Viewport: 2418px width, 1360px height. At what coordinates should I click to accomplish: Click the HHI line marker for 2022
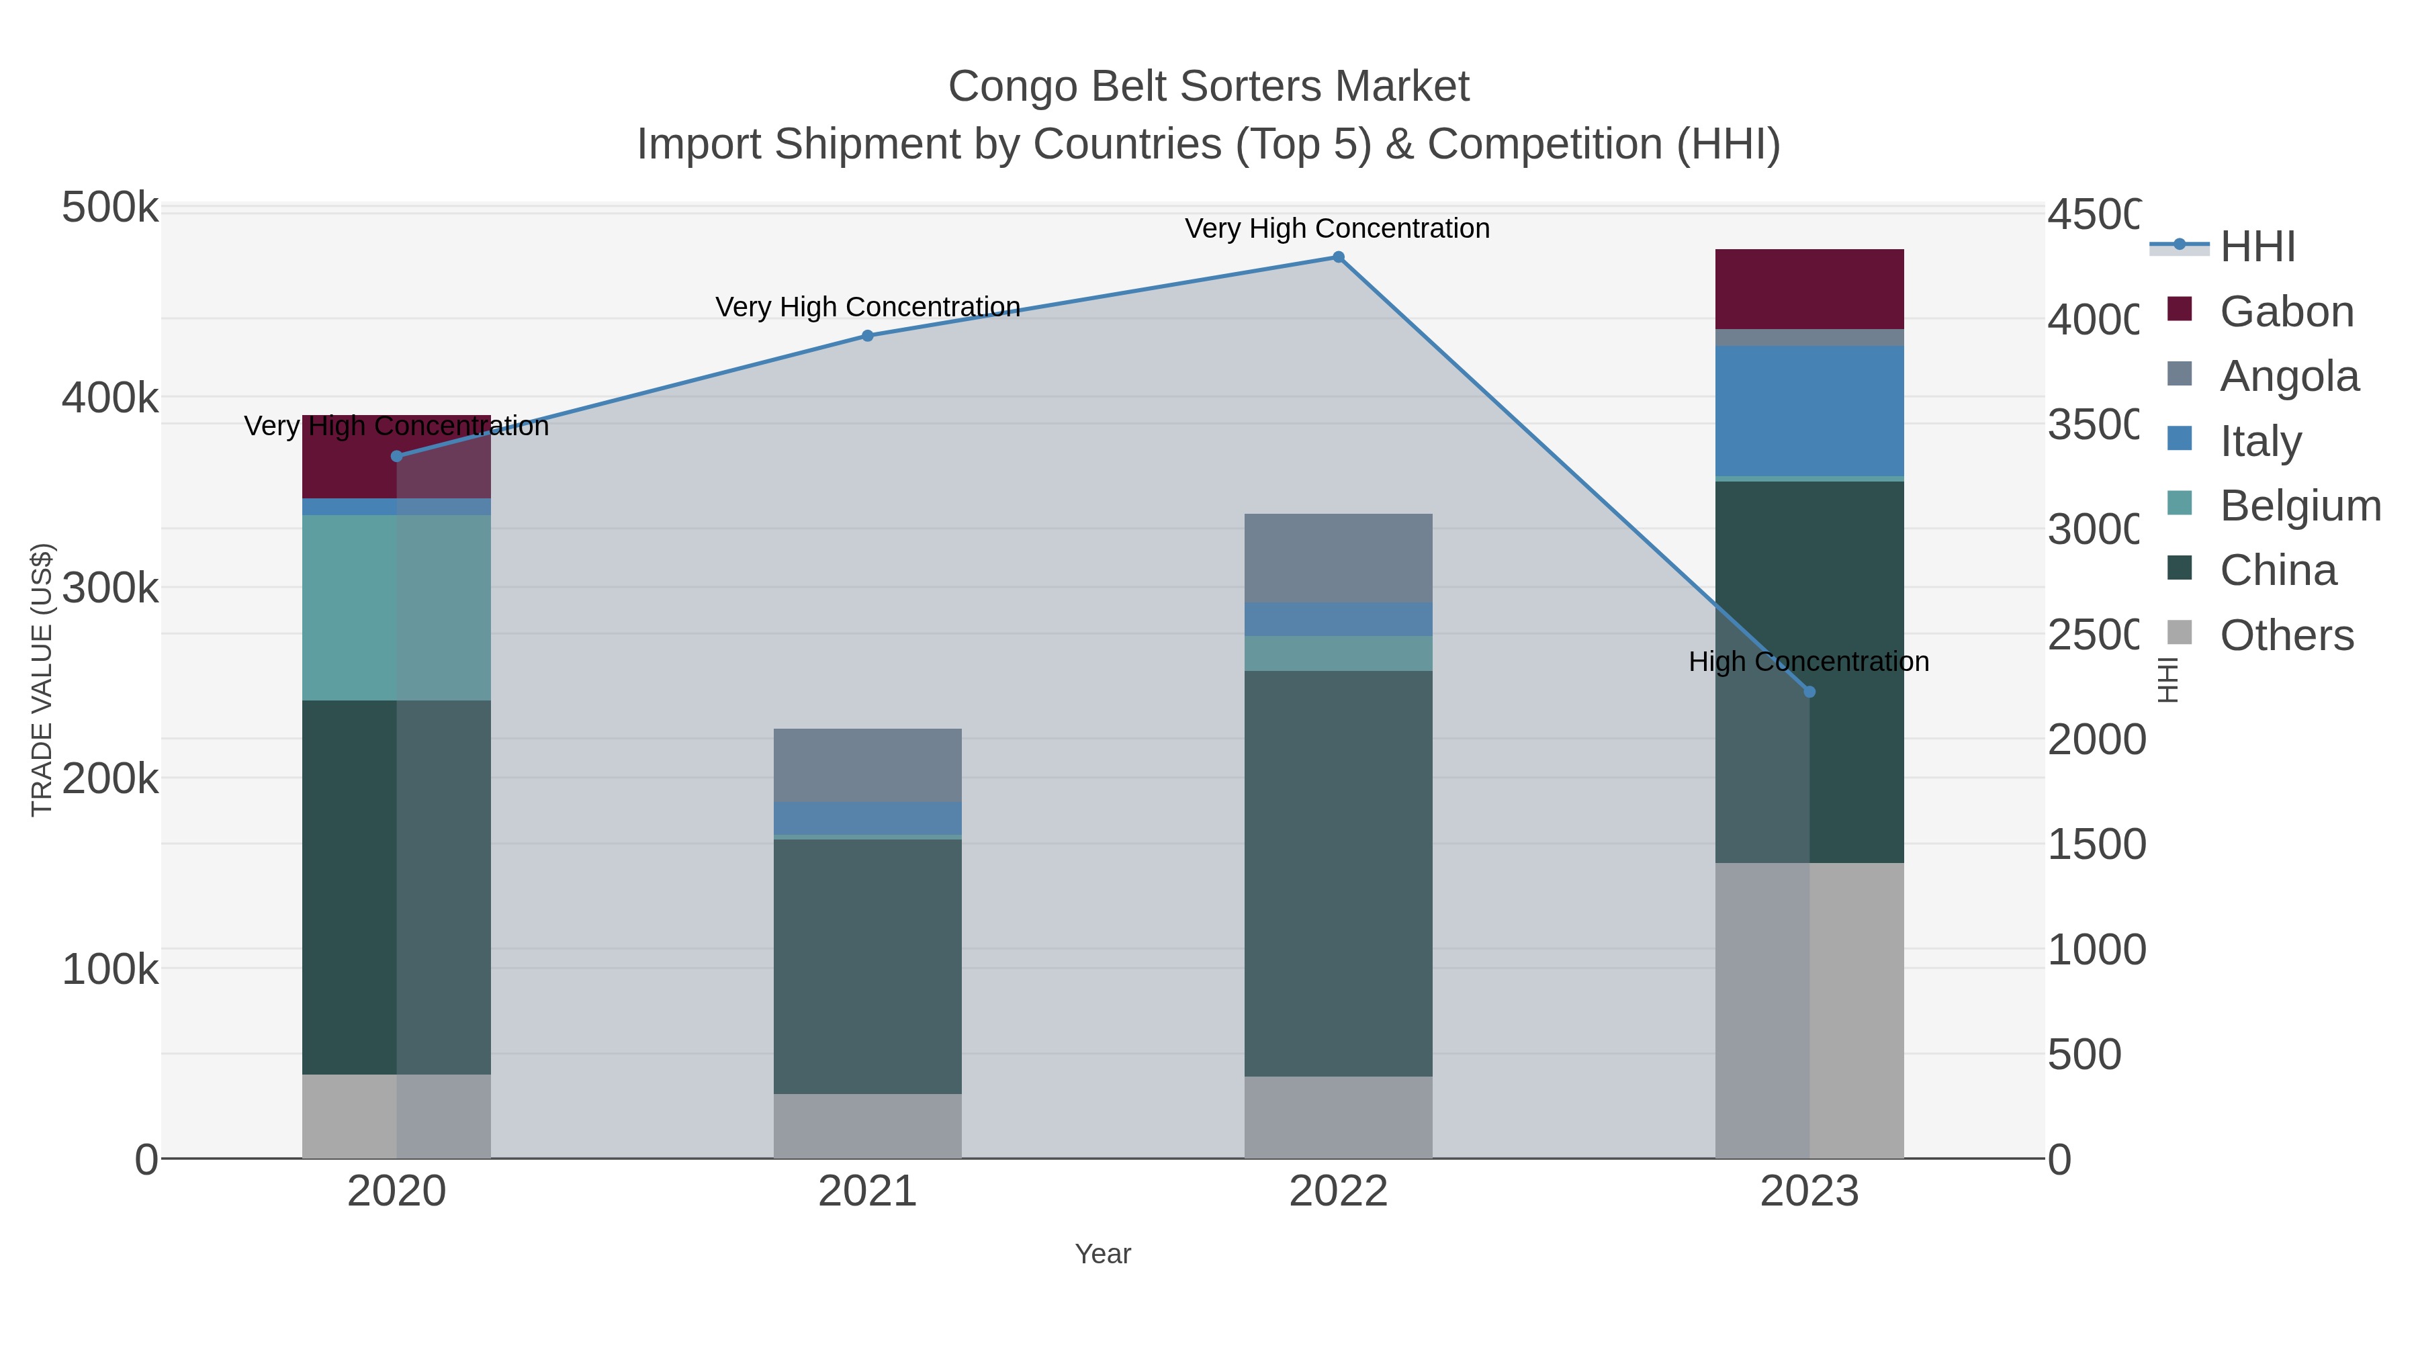[x=1339, y=257]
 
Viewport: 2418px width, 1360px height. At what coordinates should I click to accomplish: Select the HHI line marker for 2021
[x=867, y=336]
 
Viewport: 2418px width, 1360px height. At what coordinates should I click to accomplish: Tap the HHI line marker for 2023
[x=1809, y=692]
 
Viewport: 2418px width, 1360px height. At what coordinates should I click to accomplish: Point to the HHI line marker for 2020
[x=396, y=456]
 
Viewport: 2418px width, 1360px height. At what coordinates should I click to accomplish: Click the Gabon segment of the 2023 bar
[x=1809, y=289]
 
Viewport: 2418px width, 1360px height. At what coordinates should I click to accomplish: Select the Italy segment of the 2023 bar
[x=1809, y=411]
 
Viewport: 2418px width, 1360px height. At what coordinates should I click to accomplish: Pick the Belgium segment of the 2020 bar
[x=396, y=607]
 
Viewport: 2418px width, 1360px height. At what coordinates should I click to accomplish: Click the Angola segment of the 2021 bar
[x=867, y=765]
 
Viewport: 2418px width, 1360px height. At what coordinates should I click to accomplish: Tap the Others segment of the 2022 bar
[x=1339, y=1117]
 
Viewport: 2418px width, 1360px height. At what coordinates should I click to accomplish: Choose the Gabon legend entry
[x=2286, y=312]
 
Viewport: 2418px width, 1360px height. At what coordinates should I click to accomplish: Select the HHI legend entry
[x=2257, y=247]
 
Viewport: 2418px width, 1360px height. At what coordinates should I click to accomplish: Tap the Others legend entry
[x=2286, y=635]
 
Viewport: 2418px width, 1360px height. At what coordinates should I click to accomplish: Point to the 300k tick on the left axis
[x=110, y=588]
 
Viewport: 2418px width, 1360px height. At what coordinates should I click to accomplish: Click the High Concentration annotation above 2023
[x=1809, y=662]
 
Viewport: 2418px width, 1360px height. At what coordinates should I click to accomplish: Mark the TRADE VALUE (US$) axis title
[x=42, y=680]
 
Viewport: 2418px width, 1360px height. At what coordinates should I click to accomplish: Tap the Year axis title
[x=1103, y=1254]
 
